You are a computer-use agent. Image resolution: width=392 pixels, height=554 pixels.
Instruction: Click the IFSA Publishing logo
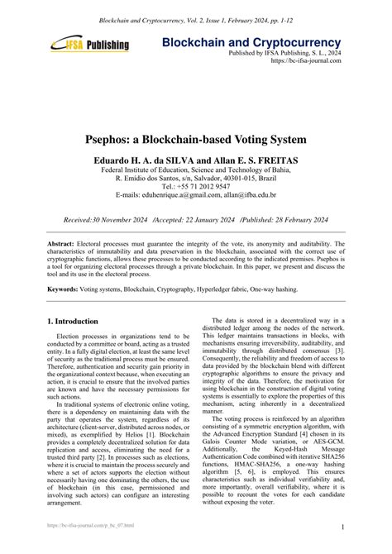pos(90,45)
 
